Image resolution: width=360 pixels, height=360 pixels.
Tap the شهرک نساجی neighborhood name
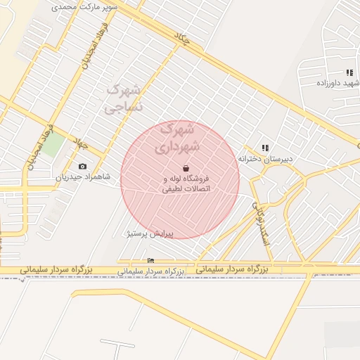point(124,98)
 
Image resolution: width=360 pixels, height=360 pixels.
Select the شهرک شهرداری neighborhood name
point(181,138)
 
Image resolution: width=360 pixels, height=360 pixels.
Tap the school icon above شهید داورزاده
point(349,72)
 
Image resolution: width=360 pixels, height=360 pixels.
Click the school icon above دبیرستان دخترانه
point(265,148)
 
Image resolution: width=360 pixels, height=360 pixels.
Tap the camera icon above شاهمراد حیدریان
point(83,167)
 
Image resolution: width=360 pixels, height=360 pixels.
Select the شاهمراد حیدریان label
point(84,177)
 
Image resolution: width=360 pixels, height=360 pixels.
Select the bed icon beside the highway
point(150,261)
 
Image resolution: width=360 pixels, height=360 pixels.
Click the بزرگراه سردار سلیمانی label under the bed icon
point(150,271)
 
